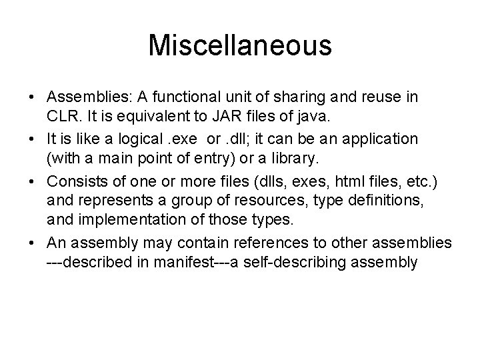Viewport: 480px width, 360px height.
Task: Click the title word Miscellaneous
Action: pyautogui.click(x=240, y=45)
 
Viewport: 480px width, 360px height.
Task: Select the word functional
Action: pyautogui.click(x=179, y=98)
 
